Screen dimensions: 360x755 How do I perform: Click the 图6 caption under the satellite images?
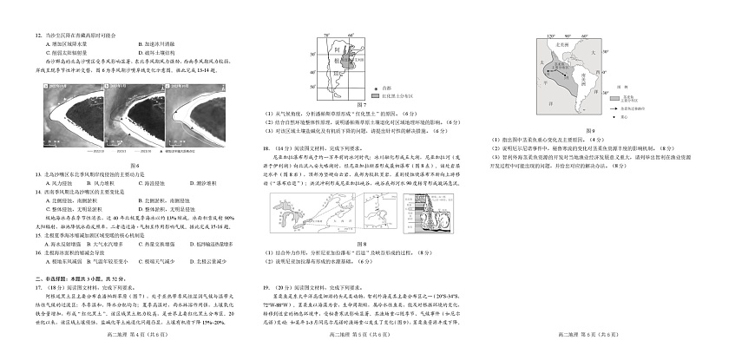tap(135, 166)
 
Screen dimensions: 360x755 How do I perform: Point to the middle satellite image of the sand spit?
tap(133, 119)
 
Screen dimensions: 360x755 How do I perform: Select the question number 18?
tap(266, 148)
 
